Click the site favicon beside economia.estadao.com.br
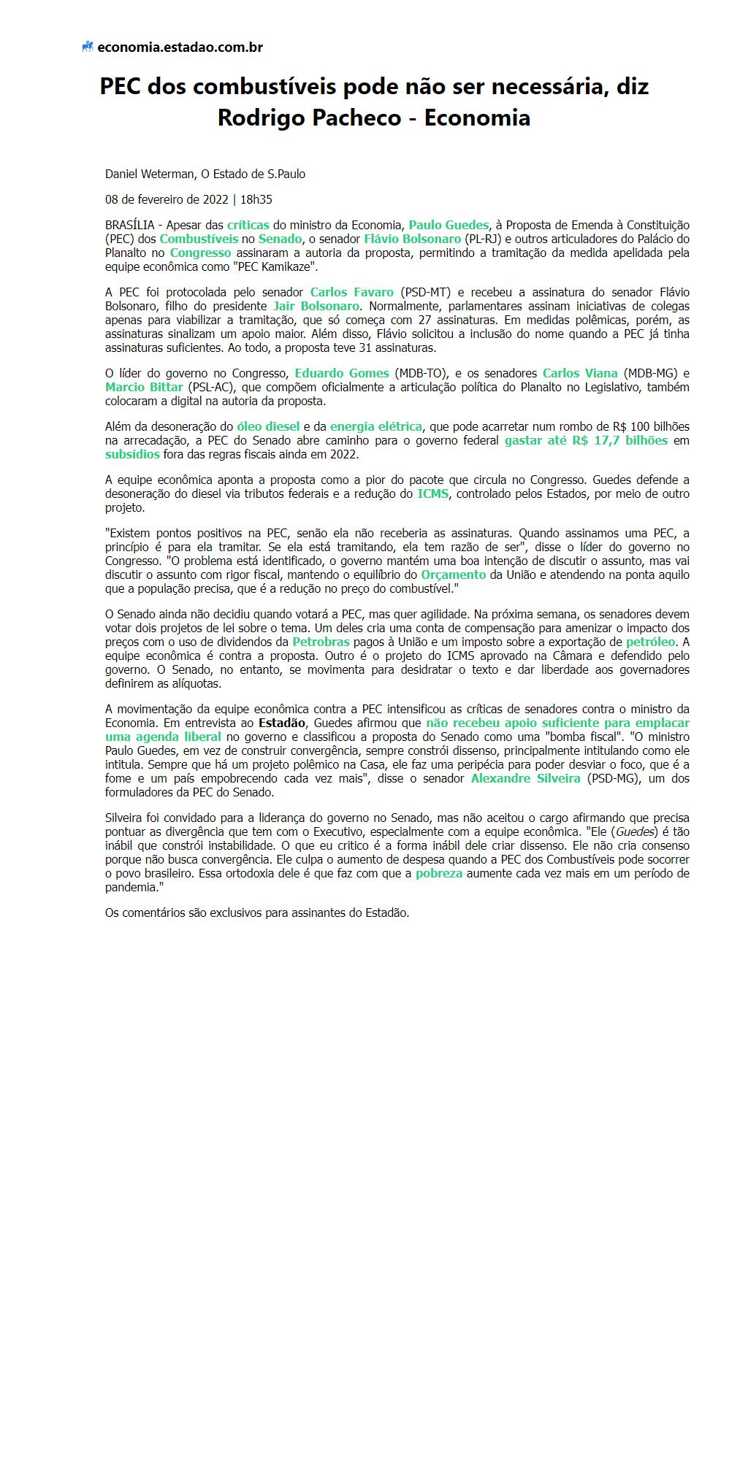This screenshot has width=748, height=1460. tap(88, 47)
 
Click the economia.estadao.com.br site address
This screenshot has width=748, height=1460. tap(180, 47)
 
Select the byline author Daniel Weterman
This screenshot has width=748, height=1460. tap(150, 174)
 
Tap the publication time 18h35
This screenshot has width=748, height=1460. tap(256, 199)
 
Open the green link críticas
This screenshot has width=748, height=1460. tap(248, 225)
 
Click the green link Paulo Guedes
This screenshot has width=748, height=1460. tap(449, 225)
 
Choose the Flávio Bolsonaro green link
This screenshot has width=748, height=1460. tap(412, 239)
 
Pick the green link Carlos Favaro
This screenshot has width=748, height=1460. tap(351, 292)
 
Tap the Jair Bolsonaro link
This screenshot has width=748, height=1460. tap(316, 306)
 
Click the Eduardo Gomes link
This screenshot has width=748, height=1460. tap(342, 373)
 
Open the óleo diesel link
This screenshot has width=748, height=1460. tap(268, 426)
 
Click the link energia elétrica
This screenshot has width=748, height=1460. tap(375, 426)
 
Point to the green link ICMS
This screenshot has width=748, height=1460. tap(432, 493)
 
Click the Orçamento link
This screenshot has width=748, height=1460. tap(453, 575)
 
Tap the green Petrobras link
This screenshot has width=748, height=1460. tap(321, 642)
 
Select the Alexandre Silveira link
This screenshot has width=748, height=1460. tap(525, 778)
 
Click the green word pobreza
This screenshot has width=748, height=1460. tap(438, 873)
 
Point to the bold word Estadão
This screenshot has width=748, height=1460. tap(282, 723)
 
